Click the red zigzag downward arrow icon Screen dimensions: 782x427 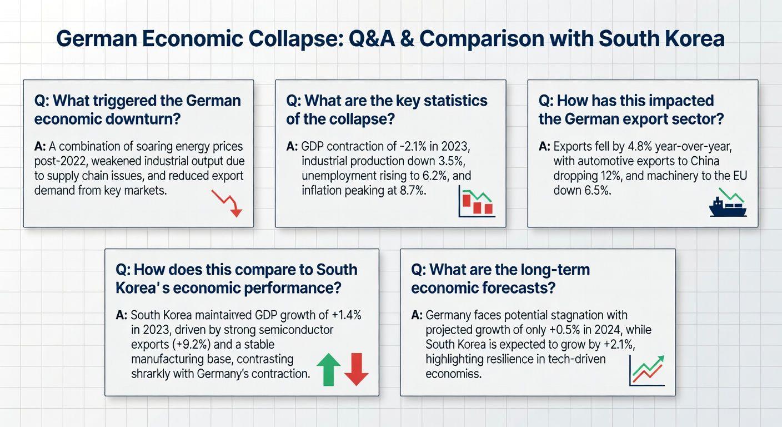[227, 203]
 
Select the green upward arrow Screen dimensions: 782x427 [328, 369]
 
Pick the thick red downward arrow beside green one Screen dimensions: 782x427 [357, 369]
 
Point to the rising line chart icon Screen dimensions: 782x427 [647, 370]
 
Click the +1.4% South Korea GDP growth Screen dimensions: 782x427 [347, 315]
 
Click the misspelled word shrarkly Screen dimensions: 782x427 [151, 374]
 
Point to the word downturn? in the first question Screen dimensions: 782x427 [143, 119]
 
